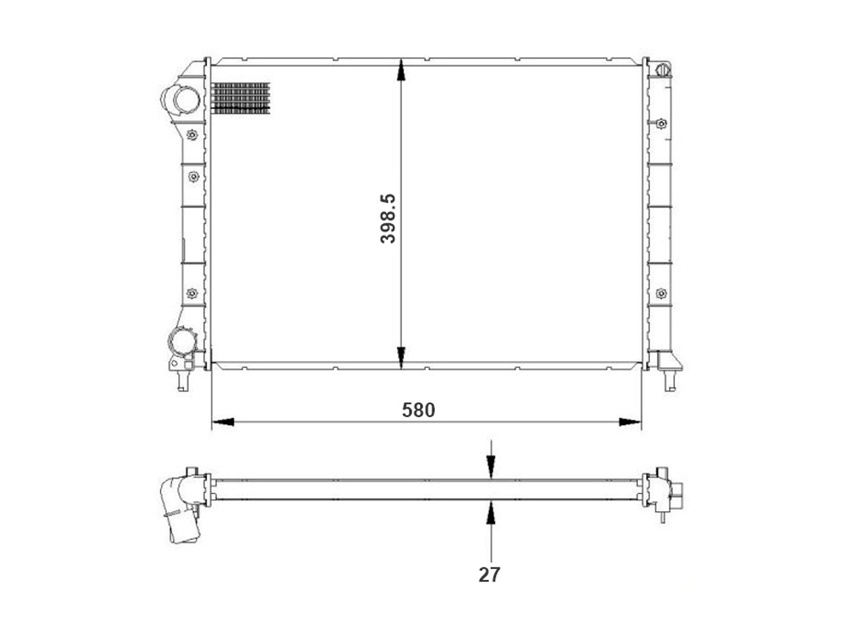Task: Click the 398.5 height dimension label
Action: pyautogui.click(x=388, y=218)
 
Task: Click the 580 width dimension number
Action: pyautogui.click(x=418, y=410)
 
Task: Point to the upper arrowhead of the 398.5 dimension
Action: pyautogui.click(x=401, y=70)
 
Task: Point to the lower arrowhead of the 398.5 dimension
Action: pyautogui.click(x=401, y=357)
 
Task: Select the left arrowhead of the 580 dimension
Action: pyautogui.click(x=223, y=422)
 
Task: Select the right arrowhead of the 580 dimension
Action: pyautogui.click(x=630, y=422)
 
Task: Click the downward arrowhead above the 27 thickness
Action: pyautogui.click(x=491, y=468)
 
